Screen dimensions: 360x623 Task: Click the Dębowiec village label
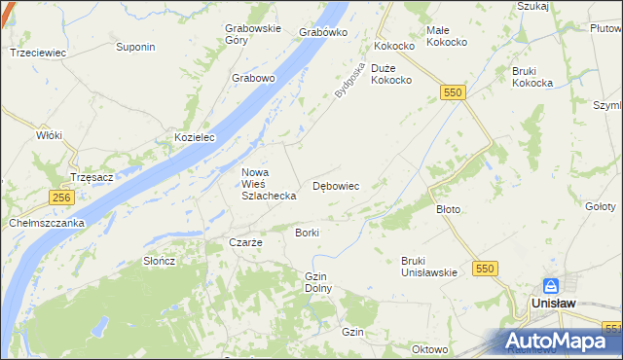click(x=336, y=185)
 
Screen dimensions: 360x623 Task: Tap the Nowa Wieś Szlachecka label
click(x=269, y=184)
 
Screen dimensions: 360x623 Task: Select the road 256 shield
click(x=62, y=197)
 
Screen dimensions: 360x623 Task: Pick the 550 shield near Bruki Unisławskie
click(x=484, y=268)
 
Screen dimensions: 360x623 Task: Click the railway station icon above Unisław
click(x=551, y=285)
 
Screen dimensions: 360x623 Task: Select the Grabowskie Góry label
click(x=249, y=35)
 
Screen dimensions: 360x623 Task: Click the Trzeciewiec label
click(x=36, y=53)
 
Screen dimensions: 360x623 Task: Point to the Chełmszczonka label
click(x=47, y=223)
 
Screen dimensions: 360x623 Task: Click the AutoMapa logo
click(x=559, y=342)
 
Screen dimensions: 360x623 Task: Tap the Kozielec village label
click(x=194, y=138)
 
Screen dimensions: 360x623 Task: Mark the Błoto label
click(x=448, y=209)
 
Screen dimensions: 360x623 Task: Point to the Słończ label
click(x=159, y=261)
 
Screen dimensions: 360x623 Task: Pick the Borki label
click(x=307, y=234)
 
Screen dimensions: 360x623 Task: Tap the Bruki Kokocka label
click(x=532, y=77)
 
